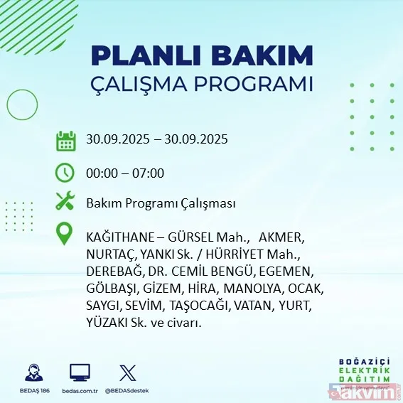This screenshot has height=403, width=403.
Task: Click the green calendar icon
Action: pyautogui.click(x=65, y=141)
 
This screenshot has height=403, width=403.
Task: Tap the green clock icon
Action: pyautogui.click(x=65, y=172)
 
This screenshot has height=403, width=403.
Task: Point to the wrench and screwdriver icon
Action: pyautogui.click(x=65, y=203)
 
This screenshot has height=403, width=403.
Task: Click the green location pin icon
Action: pyautogui.click(x=65, y=235)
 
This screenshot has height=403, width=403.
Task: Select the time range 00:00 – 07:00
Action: pyautogui.click(x=125, y=173)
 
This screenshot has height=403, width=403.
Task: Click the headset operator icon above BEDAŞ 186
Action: pyautogui.click(x=33, y=372)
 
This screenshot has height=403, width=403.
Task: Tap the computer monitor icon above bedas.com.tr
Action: pyautogui.click(x=79, y=372)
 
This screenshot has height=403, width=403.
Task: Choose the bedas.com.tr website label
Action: pyautogui.click(x=80, y=391)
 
